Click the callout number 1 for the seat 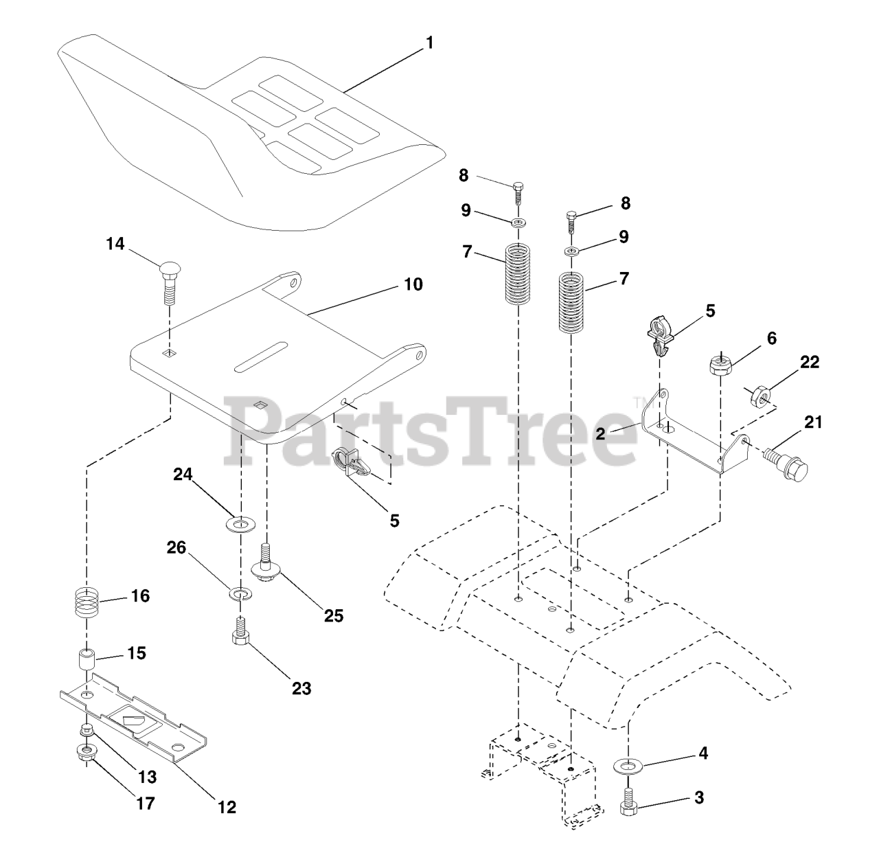[429, 43]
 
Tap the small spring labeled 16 [87, 602]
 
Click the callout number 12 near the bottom [227, 808]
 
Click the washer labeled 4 [626, 765]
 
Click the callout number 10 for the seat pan [413, 284]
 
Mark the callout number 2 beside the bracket [600, 433]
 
